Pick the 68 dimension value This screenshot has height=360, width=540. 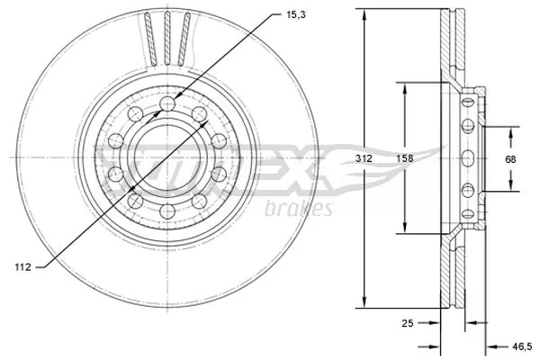[x=510, y=159]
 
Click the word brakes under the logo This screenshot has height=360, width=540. [x=300, y=210]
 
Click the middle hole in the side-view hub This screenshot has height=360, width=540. [x=467, y=158]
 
